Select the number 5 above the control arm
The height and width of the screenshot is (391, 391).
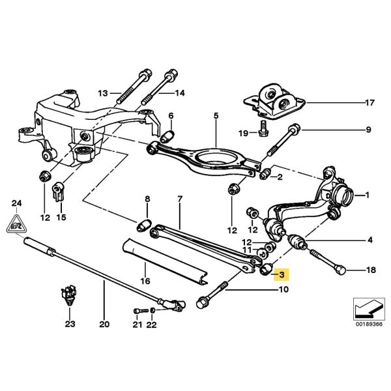coord(215,116)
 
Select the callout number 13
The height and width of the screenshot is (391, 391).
coord(103,93)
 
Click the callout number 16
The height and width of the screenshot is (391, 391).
coord(145,281)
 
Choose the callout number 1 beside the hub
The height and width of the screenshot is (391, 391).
coord(367,194)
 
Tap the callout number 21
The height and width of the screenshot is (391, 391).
coord(136,323)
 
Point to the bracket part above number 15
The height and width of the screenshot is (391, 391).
coord(57,193)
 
